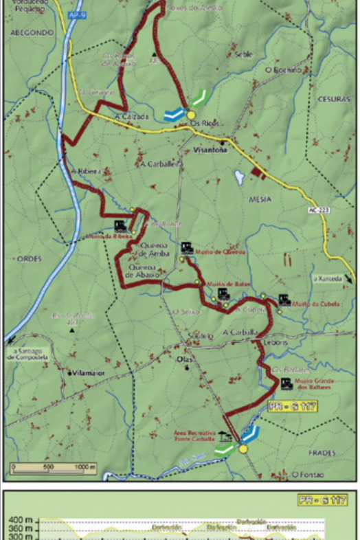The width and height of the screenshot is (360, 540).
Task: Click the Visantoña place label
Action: click(x=210, y=148)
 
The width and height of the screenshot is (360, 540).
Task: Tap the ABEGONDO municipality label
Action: click(x=30, y=32)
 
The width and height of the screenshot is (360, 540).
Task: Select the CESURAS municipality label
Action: click(x=333, y=99)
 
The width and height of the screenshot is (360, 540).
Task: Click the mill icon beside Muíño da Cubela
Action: click(x=284, y=300)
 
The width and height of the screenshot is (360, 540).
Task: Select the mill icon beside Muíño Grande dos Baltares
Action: click(x=286, y=384)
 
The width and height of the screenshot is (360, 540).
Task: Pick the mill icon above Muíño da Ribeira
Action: click(x=120, y=225)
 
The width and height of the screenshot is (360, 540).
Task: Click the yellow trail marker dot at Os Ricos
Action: click(x=192, y=115)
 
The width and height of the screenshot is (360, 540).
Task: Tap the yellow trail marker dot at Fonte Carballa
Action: click(x=243, y=449)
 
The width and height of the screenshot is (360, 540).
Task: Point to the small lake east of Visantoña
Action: click(x=239, y=178)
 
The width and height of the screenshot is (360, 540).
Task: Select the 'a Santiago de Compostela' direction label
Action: click(x=26, y=354)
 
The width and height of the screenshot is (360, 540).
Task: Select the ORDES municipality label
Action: click(x=30, y=259)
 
